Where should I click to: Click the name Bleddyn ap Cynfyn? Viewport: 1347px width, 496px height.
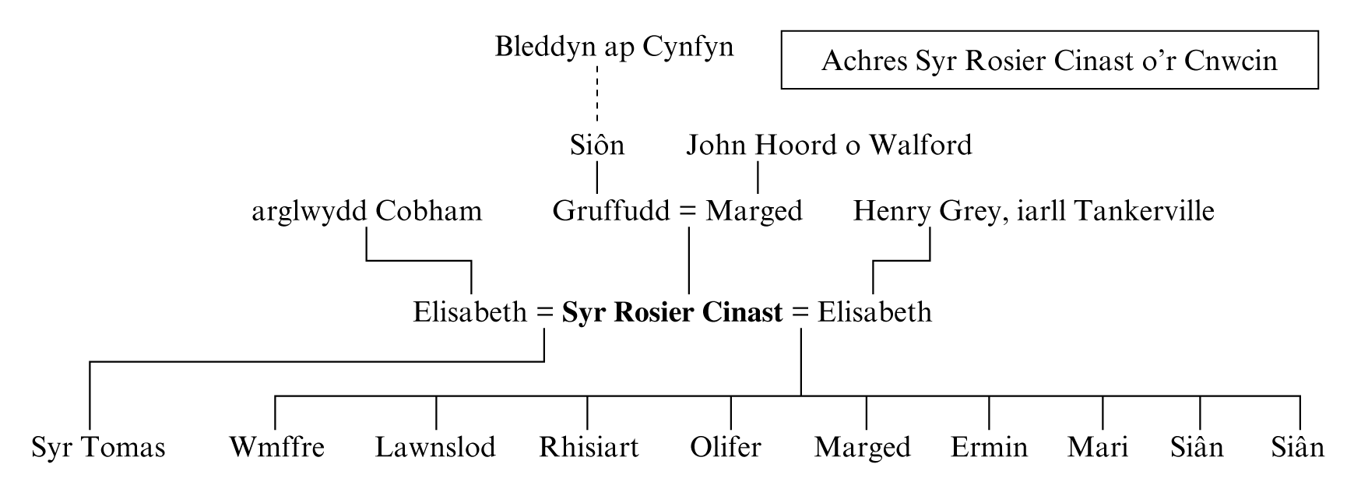tap(614, 47)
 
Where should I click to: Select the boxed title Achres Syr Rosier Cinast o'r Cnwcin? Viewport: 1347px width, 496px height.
tap(1049, 61)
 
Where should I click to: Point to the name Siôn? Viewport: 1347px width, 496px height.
tap(596, 146)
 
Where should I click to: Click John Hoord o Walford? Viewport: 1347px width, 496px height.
tap(828, 146)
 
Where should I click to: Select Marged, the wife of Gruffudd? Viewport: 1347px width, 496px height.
tap(754, 211)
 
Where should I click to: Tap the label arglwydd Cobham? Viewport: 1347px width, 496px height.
tap(366, 211)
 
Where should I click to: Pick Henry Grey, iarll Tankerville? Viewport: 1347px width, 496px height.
tap(1033, 211)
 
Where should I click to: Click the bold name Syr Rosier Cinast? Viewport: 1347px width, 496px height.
tap(672, 312)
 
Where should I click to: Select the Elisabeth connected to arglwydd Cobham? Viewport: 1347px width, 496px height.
tap(470, 312)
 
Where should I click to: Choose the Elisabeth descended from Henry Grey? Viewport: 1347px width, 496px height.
tap(874, 312)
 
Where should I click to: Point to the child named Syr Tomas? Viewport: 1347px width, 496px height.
tap(98, 448)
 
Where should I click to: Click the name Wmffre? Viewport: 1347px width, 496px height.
tap(276, 448)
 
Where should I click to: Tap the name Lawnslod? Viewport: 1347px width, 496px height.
tap(435, 448)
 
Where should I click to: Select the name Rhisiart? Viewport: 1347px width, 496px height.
tap(589, 448)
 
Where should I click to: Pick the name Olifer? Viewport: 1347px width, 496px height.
tap(725, 448)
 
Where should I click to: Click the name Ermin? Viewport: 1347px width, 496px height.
tap(989, 448)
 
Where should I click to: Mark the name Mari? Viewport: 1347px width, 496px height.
tap(1098, 448)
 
